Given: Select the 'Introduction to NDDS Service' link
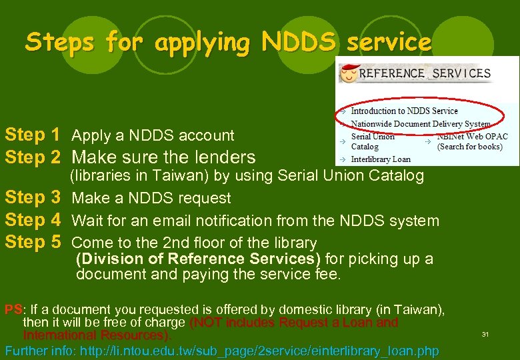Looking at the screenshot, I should [404, 111].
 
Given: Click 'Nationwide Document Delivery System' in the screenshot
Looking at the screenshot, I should [420, 123].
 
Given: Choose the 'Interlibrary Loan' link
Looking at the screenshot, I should [381, 159].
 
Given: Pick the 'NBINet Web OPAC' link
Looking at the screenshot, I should [472, 137].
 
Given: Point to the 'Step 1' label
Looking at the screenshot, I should [33, 135].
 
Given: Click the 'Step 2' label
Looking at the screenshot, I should [33, 157].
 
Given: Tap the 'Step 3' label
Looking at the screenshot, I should [33, 198].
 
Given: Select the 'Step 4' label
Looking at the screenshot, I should [33, 220].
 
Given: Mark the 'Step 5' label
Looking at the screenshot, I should [33, 242].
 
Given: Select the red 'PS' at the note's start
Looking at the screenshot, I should [13, 309].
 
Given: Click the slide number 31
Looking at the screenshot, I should [485, 334].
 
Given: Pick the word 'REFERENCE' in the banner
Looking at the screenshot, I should [391, 73].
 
